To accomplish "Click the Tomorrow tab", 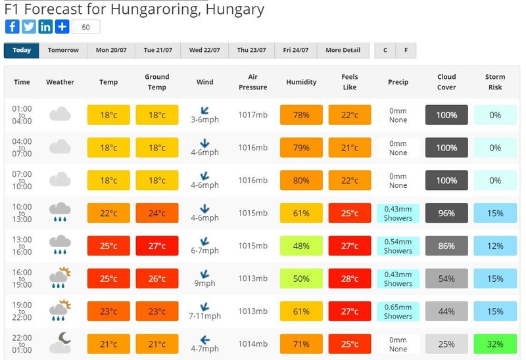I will [63, 51].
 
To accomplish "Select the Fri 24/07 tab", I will [296, 51].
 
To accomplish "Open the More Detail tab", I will [343, 51].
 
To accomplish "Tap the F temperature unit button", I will [406, 51].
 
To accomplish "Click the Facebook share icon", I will [12, 27].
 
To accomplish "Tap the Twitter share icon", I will [29, 27].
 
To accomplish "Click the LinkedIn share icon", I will [45, 27].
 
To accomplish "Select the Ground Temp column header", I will [157, 82].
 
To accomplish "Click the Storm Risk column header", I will [495, 82].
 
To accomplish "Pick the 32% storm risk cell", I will [495, 344].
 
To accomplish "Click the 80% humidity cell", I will [301, 181].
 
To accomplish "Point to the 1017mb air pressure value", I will [253, 115].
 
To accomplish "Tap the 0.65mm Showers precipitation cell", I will [398, 311].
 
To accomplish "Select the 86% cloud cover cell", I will [447, 246].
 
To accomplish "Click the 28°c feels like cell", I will [350, 279].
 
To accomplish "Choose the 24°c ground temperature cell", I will [157, 214].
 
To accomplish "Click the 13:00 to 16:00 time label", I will [22, 246].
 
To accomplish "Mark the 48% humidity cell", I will [301, 246].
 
